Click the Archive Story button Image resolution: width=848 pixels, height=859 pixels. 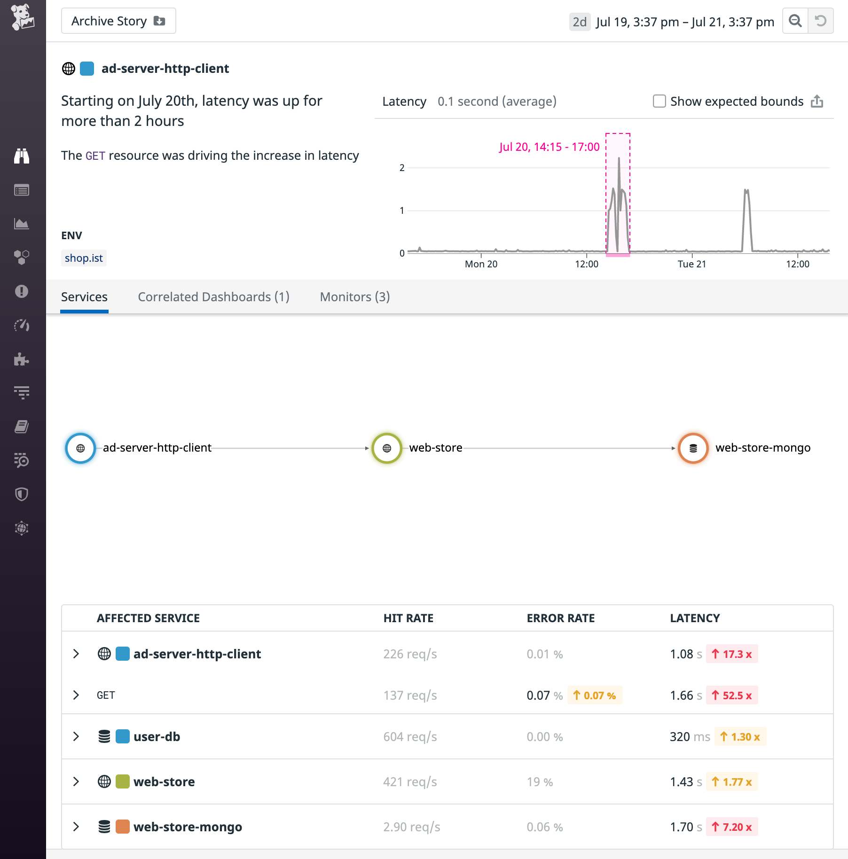(x=118, y=21)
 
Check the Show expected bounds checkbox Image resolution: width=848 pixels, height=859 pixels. (x=659, y=101)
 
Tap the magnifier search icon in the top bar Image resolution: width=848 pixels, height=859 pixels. (x=795, y=21)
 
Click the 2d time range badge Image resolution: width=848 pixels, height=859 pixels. (x=579, y=22)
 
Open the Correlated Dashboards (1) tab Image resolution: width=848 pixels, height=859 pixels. (x=213, y=297)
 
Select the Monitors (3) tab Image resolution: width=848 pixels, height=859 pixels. (x=354, y=297)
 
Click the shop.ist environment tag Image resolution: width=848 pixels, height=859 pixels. (x=84, y=258)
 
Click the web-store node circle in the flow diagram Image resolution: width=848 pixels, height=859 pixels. (x=386, y=448)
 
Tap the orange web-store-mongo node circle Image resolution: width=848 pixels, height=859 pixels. (x=693, y=448)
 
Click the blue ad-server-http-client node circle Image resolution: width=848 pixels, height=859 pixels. (x=80, y=448)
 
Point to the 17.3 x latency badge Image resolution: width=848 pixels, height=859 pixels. (x=731, y=654)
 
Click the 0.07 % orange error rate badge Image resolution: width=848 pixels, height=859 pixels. (x=594, y=695)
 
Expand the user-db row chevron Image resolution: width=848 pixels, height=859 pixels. (x=76, y=736)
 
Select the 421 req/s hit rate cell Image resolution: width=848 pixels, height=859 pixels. (x=410, y=782)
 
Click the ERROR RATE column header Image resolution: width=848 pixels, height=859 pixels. (x=560, y=618)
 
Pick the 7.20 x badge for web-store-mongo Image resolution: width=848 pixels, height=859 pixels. (x=731, y=827)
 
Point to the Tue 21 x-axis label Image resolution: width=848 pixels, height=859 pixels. (x=691, y=264)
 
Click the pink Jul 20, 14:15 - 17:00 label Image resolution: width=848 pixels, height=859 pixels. (x=549, y=147)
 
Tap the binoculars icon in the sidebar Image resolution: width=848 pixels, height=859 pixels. (x=22, y=156)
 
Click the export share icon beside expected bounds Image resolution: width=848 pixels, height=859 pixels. (x=817, y=101)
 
